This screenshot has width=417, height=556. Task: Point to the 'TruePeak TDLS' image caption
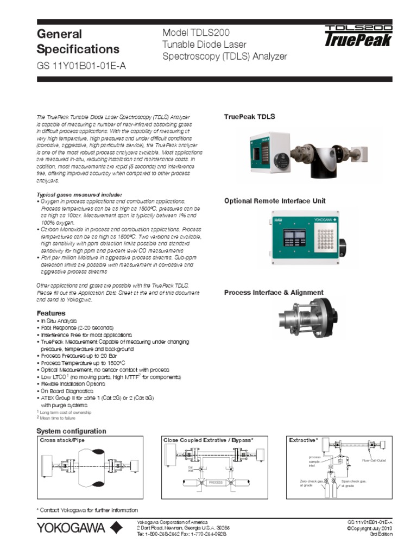tap(250, 117)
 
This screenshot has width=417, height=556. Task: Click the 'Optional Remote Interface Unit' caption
tap(275, 201)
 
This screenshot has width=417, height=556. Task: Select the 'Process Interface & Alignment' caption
tap(274, 293)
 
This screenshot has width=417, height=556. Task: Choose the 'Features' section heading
tap(50, 313)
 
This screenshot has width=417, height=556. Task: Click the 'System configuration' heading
tap(71, 431)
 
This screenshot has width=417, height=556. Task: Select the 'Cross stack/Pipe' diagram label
tap(62, 440)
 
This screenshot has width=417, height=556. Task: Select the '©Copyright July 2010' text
tap(369, 528)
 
